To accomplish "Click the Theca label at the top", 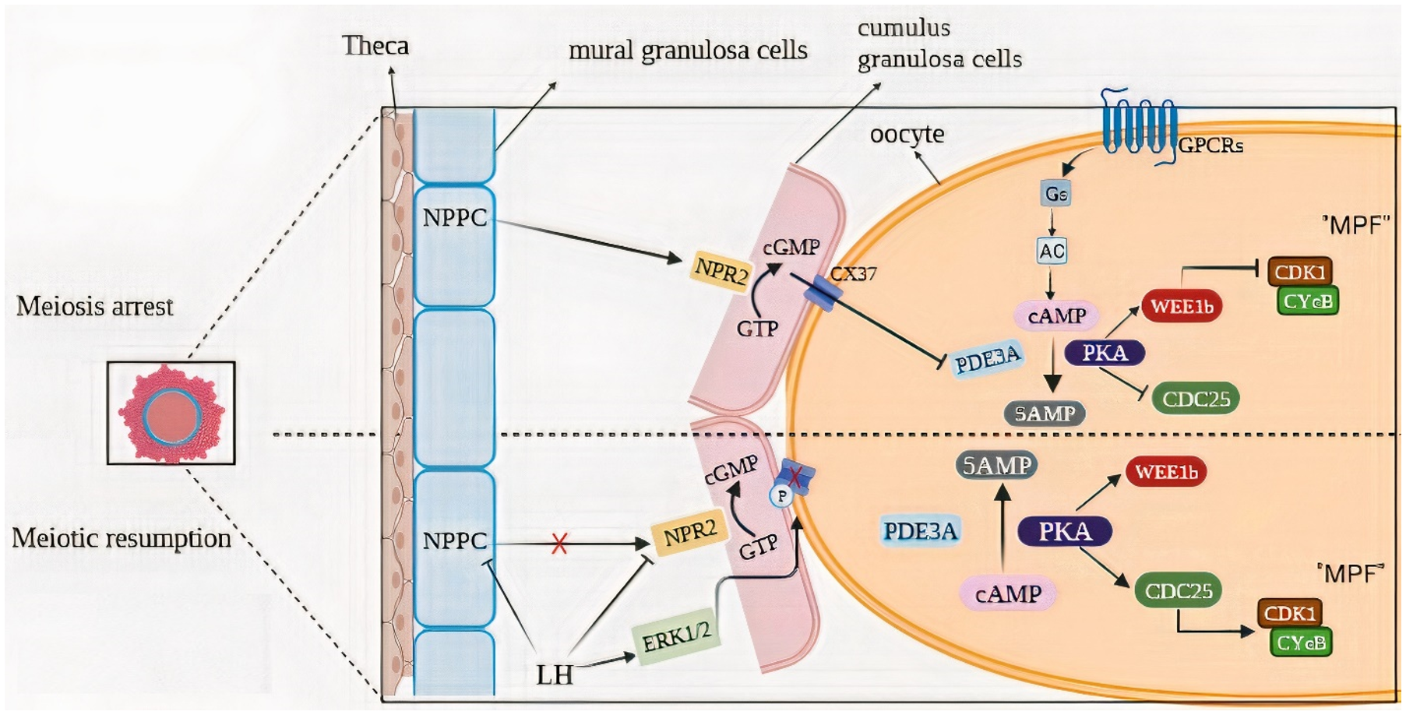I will click(375, 46).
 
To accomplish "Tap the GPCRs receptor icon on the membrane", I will click(1138, 125).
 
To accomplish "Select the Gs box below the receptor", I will click(1055, 193).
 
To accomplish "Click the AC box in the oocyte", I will click(1052, 251).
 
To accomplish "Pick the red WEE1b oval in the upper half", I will click(1182, 306).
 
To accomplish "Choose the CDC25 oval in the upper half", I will click(1196, 399).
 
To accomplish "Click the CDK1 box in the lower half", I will click(1290, 614).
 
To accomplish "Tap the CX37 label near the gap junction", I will click(853, 274).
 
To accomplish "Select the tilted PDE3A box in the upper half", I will click(987, 360).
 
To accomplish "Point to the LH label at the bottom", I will click(554, 674).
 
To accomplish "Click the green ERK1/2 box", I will click(676, 636).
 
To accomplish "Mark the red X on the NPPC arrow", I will click(559, 544).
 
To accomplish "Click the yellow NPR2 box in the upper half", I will click(721, 270).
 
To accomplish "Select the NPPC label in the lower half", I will click(455, 541).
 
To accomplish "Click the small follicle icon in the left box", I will click(171, 414).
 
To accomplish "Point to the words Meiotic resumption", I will click(122, 538).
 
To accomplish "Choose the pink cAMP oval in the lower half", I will click(1008, 594).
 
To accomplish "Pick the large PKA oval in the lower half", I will click(1065, 531).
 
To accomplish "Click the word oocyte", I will click(907, 135).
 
